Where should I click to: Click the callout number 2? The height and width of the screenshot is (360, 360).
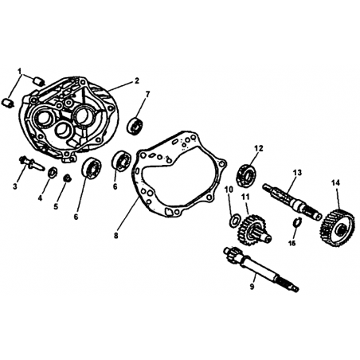pyautogui.click(x=136, y=80)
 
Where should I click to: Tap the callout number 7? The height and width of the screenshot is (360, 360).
pyautogui.click(x=147, y=94)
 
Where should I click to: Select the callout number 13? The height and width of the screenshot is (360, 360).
pyautogui.click(x=297, y=173)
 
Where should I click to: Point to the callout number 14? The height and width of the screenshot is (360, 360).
pyautogui.click(x=335, y=182)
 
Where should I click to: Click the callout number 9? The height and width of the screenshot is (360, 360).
pyautogui.click(x=252, y=287)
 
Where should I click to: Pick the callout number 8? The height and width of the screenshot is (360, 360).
pyautogui.click(x=115, y=236)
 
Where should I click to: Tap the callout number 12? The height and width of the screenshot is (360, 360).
pyautogui.click(x=259, y=148)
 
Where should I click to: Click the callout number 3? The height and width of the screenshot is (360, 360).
pyautogui.click(x=15, y=186)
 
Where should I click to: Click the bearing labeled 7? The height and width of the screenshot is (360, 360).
pyautogui.click(x=135, y=125)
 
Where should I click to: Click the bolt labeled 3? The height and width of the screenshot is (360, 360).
pyautogui.click(x=30, y=162)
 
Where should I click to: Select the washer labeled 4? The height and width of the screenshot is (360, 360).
pyautogui.click(x=52, y=173)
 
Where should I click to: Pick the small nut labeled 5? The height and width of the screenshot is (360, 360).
pyautogui.click(x=68, y=178)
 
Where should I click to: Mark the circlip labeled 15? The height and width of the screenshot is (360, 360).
pyautogui.click(x=296, y=222)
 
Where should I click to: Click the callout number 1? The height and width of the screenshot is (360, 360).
pyautogui.click(x=19, y=71)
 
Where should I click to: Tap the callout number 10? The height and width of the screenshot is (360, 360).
pyautogui.click(x=229, y=190)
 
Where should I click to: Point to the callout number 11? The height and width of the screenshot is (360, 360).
pyautogui.click(x=245, y=197)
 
